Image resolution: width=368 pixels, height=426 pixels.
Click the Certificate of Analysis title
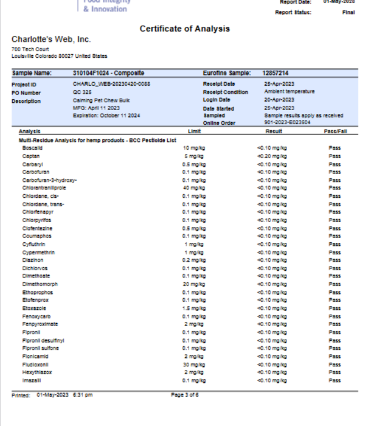[184, 29]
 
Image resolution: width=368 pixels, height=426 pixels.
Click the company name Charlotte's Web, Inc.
[51, 40]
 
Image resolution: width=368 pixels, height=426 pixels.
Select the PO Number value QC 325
[82, 92]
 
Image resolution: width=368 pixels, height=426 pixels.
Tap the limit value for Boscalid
[194, 148]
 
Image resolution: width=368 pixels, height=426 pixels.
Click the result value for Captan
[272, 156]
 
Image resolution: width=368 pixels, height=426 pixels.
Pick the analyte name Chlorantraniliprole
[44, 188]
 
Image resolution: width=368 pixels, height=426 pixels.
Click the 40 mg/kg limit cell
[194, 188]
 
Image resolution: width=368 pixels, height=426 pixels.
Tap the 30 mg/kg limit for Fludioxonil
[194, 364]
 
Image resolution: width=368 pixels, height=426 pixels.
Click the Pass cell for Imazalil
[334, 380]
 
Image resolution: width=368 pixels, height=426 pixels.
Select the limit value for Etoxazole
[194, 308]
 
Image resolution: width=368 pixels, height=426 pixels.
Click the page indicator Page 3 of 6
[184, 395]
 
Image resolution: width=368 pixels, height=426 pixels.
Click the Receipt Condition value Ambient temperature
[289, 92]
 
